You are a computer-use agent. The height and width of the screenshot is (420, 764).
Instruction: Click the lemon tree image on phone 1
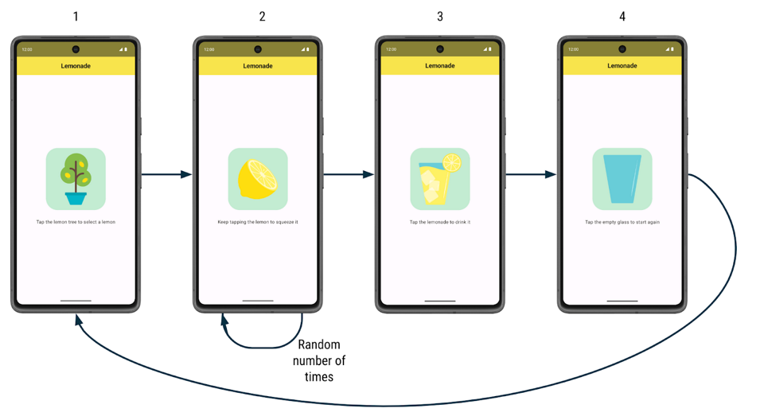pyautogui.click(x=76, y=178)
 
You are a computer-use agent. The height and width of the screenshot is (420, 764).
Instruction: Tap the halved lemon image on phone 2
pyautogui.click(x=258, y=178)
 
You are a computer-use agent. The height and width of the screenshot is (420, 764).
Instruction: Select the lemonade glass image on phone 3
pyautogui.click(x=439, y=178)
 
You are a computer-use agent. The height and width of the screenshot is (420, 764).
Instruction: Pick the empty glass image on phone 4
pyautogui.click(x=622, y=178)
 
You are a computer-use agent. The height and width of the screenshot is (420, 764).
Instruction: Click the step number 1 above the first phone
pyautogui.click(x=76, y=17)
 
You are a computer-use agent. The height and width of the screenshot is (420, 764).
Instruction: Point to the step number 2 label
pyautogui.click(x=262, y=17)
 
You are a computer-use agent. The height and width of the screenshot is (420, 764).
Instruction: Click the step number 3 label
pyautogui.click(x=440, y=17)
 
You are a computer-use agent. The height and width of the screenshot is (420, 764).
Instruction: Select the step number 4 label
pyautogui.click(x=622, y=17)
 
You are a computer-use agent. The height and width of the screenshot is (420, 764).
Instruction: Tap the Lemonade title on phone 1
pyautogui.click(x=76, y=66)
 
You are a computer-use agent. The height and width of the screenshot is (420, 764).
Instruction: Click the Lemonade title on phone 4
pyautogui.click(x=622, y=66)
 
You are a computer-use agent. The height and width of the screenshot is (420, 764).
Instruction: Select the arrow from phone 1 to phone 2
pyautogui.click(x=166, y=174)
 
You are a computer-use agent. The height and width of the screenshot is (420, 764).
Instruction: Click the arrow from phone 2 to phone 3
pyautogui.click(x=349, y=174)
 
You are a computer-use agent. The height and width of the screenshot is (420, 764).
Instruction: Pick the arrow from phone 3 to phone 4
pyautogui.click(x=531, y=174)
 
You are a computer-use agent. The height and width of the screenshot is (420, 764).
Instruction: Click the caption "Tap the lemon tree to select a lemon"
pyautogui.click(x=76, y=222)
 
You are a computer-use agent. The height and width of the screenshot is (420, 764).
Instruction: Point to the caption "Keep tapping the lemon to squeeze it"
pyautogui.click(x=258, y=222)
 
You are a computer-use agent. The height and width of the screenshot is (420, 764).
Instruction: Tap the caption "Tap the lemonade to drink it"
pyautogui.click(x=440, y=222)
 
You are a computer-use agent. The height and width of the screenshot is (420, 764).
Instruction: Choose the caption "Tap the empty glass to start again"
pyautogui.click(x=622, y=222)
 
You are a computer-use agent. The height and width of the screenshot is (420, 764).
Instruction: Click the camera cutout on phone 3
pyautogui.click(x=440, y=49)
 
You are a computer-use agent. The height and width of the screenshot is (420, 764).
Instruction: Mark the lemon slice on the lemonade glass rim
pyautogui.click(x=452, y=163)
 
